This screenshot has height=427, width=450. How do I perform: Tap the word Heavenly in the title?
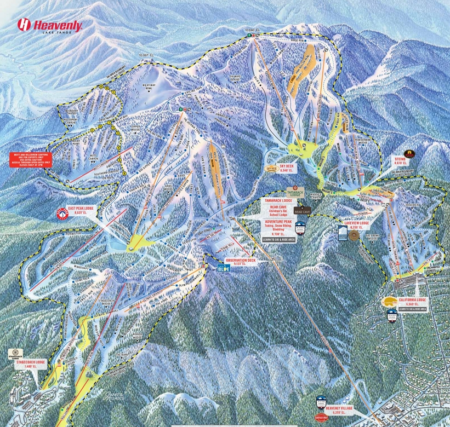pos(58,25)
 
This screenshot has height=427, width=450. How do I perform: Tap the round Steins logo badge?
pos(408,153)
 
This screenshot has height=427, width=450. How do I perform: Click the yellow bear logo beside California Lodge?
pos(390,301)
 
